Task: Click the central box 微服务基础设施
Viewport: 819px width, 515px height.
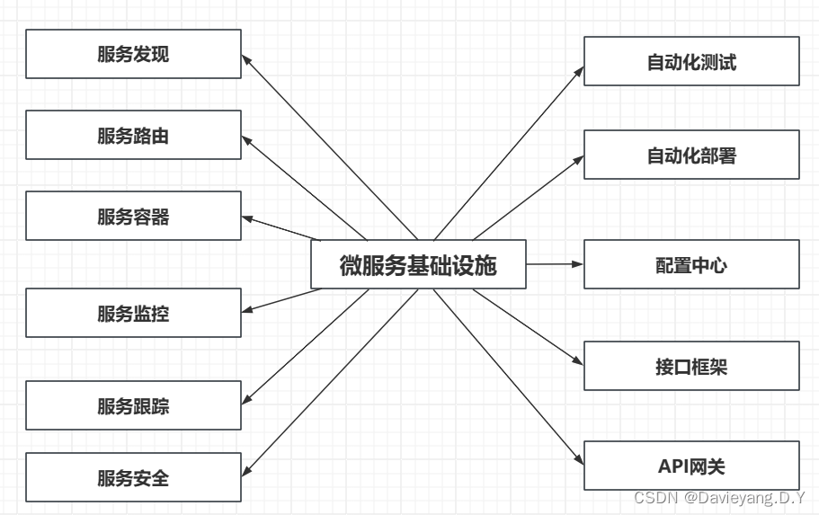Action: point(418,264)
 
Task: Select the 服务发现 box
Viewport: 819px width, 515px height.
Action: point(133,54)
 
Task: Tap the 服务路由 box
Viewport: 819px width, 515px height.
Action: point(133,136)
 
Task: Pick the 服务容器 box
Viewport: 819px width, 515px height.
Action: point(133,217)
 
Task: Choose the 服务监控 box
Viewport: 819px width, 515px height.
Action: point(133,313)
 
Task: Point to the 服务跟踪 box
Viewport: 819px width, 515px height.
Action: point(133,405)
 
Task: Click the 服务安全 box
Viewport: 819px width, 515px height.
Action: point(133,477)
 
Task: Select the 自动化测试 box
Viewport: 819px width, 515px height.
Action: point(691,61)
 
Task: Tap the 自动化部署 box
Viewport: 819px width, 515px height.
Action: point(691,155)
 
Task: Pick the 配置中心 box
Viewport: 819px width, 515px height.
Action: point(691,264)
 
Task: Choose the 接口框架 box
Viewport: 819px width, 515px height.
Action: point(691,366)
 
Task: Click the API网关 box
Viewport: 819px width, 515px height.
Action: point(691,466)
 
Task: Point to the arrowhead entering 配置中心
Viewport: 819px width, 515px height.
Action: point(578,264)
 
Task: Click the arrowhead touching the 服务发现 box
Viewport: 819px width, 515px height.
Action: point(246,58)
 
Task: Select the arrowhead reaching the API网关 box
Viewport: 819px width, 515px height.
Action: point(579,461)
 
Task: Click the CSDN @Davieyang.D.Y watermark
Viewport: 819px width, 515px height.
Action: point(719,497)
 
